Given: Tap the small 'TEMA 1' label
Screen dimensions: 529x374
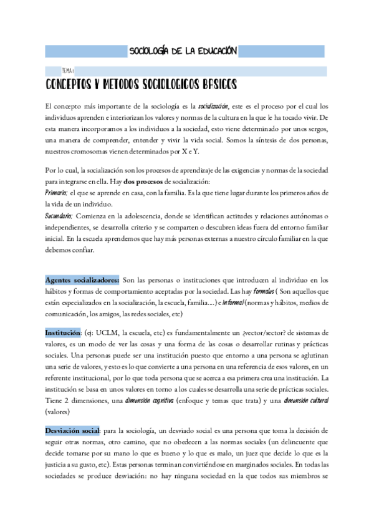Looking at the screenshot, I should point(67,71).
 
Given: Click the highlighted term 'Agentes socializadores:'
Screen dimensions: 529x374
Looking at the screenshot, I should point(82,280).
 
